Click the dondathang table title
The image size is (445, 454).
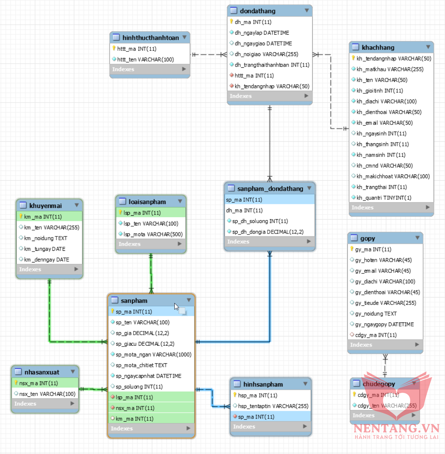(257, 11)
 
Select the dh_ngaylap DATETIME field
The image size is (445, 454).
(262, 33)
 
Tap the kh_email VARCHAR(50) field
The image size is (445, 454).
(384, 123)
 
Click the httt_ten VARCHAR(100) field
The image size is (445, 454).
(145, 60)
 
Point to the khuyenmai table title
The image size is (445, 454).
(45, 206)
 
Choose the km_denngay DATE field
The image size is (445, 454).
(46, 260)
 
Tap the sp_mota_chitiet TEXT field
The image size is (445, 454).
(141, 365)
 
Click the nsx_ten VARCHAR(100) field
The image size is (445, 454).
(47, 394)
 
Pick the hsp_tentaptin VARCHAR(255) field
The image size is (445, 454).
(273, 406)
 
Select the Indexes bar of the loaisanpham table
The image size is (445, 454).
(151, 244)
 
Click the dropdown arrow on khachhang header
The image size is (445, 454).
(428, 47)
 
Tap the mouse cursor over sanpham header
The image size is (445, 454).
(176, 306)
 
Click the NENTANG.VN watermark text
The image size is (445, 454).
(396, 428)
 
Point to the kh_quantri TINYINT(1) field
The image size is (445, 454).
(384, 198)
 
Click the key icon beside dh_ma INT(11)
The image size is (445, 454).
(232, 22)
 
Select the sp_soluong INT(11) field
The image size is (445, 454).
(139, 387)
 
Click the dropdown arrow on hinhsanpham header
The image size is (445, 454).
(305, 384)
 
